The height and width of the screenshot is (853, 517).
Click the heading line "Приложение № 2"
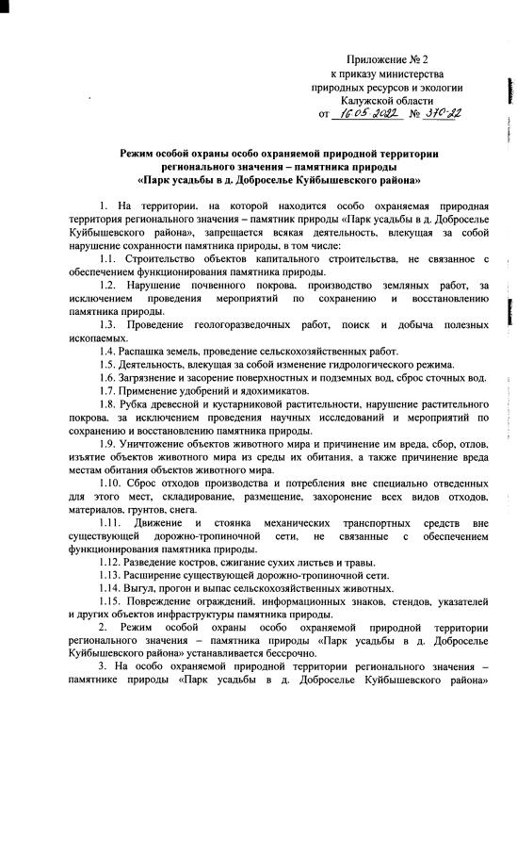coord(387,58)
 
